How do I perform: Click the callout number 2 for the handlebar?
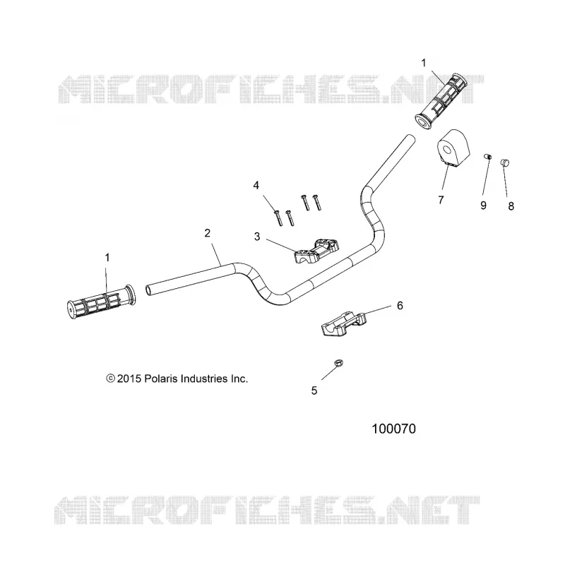(207, 233)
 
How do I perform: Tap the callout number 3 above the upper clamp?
(257, 237)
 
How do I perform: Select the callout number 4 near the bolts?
(256, 185)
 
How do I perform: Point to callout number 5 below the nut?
(314, 391)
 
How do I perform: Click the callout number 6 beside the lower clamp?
(400, 306)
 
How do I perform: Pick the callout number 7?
(441, 200)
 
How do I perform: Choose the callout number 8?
(511, 206)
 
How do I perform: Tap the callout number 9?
(484, 205)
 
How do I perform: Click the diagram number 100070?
(393, 429)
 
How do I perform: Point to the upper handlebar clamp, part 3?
(316, 251)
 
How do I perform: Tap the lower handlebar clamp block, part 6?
(343, 323)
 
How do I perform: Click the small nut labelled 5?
(338, 363)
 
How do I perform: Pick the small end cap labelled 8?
(504, 163)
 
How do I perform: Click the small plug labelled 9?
(487, 157)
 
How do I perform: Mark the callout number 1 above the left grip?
(107, 258)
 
